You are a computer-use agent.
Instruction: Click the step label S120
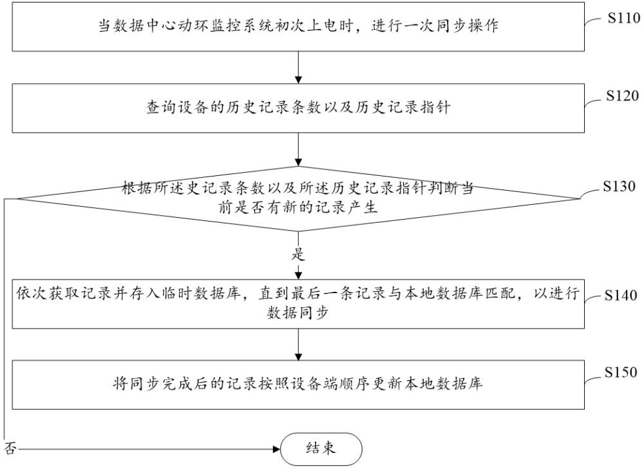point(622,96)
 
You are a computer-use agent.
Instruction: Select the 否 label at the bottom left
point(10,448)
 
